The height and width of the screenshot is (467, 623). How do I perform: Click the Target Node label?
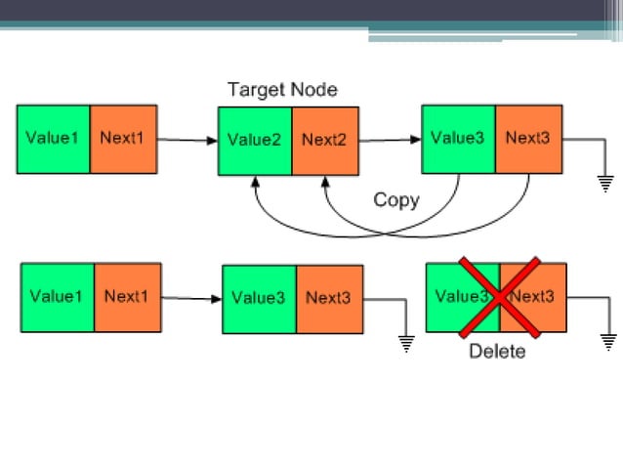pos(282,90)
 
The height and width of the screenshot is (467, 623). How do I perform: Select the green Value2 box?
pos(255,140)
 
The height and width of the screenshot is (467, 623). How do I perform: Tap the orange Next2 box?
pos(324,140)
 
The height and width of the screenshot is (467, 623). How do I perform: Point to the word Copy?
pos(395,200)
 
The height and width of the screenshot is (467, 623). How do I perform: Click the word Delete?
pos(497,351)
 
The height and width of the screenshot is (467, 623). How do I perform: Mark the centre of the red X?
pos(498,297)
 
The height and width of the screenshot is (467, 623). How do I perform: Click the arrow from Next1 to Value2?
pos(187,140)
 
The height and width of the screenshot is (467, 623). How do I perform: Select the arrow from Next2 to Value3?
pos(390,140)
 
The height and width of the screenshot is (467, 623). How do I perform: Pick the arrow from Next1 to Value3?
pos(191,297)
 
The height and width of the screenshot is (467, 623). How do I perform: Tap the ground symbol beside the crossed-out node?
pos(608,341)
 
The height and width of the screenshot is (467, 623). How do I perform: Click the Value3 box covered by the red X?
pos(462,297)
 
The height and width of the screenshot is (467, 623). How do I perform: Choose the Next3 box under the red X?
pos(534,297)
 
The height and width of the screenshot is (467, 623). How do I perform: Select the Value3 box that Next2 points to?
pos(458,139)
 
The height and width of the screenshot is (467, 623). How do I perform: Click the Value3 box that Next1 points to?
pos(259,298)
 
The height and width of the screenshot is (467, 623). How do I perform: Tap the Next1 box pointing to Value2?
pos(122,139)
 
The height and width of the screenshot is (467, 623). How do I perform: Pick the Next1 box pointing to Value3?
pos(127,297)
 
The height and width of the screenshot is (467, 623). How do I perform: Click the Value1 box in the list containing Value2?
pos(53,139)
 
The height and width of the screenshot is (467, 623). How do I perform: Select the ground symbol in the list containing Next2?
pos(604,182)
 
